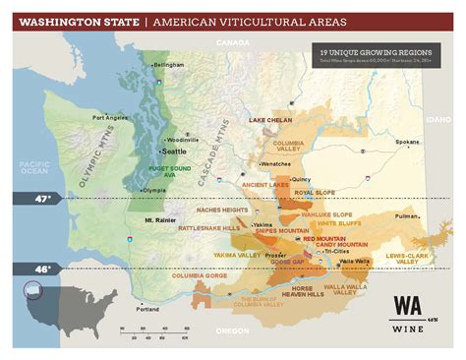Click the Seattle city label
click(174, 151)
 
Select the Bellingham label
click(169, 64)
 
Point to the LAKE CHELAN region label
click(270, 119)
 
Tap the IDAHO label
click(437, 118)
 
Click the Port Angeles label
click(110, 117)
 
